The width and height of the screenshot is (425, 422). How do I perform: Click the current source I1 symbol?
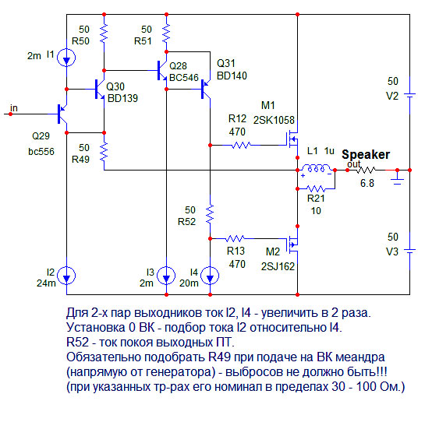66,58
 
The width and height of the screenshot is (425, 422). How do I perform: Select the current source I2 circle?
66,276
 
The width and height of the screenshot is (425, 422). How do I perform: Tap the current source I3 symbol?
166,276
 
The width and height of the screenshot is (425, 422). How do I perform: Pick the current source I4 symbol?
210,276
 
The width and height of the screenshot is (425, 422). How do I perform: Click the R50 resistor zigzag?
104,33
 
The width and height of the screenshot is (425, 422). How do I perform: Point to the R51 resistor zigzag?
166,33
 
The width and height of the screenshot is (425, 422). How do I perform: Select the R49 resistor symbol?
104,152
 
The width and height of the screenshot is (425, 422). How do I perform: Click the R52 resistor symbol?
210,214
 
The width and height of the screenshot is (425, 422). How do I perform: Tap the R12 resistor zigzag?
241,146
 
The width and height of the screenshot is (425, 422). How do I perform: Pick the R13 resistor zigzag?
235,239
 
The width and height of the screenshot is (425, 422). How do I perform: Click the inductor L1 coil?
316,168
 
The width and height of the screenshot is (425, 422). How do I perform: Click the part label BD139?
122,98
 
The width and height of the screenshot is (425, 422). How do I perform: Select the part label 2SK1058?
274,120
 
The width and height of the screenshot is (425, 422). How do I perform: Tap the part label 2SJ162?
278,266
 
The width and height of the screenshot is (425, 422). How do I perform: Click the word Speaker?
366,155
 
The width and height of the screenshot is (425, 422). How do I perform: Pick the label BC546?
184,78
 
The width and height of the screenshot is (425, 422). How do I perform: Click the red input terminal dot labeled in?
11,114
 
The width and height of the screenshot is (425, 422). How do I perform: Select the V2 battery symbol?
409,95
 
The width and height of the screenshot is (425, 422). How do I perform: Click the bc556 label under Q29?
41,152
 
